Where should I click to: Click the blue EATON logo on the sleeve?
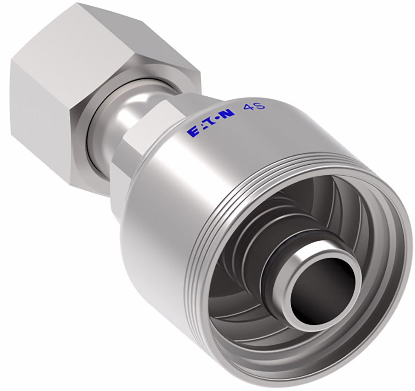point(210,122)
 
